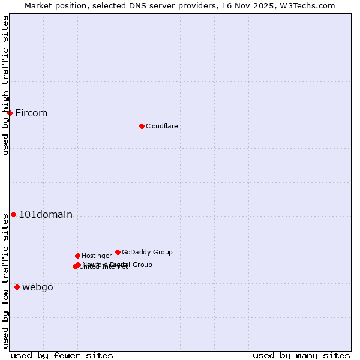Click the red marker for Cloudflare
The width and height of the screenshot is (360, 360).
point(142,126)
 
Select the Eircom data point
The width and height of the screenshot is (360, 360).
point(10,113)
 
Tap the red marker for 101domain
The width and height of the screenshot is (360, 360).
point(13,214)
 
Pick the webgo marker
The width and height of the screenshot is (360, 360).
point(17,287)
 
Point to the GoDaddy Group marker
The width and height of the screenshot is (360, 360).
point(118,252)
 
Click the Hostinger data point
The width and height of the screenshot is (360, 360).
point(77,256)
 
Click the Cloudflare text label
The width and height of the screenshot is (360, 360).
point(161,126)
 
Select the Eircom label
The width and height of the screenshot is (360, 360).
point(31,113)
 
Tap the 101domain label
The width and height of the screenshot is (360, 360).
point(46,215)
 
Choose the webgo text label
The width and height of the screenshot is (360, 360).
point(38,287)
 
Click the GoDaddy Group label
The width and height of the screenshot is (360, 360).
point(147,253)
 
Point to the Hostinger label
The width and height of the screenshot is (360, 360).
point(97,256)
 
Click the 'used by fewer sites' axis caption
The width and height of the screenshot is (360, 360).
point(62,355)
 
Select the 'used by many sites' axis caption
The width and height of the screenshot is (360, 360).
point(301,355)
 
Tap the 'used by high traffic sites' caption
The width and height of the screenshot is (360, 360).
point(5,85)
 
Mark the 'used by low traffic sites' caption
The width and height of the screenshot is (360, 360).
point(5,280)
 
